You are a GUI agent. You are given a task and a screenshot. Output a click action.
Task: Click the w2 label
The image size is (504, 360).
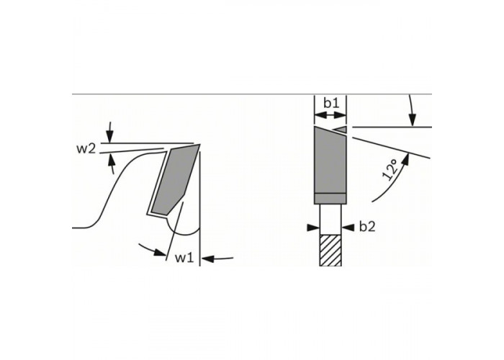tap(86, 149)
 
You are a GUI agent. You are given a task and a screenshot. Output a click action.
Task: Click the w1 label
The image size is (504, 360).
tap(184, 258)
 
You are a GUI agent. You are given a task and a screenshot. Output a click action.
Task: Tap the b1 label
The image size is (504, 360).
tap(331, 103)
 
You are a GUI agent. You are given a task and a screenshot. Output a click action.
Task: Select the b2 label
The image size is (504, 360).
tap(367, 227)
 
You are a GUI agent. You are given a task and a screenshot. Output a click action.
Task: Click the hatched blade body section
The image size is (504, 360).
tap(330, 251)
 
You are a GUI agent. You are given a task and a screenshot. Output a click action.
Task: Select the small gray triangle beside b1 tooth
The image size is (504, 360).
tap(340, 129)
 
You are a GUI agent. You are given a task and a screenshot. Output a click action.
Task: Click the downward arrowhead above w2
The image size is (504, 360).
tap(110, 138)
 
